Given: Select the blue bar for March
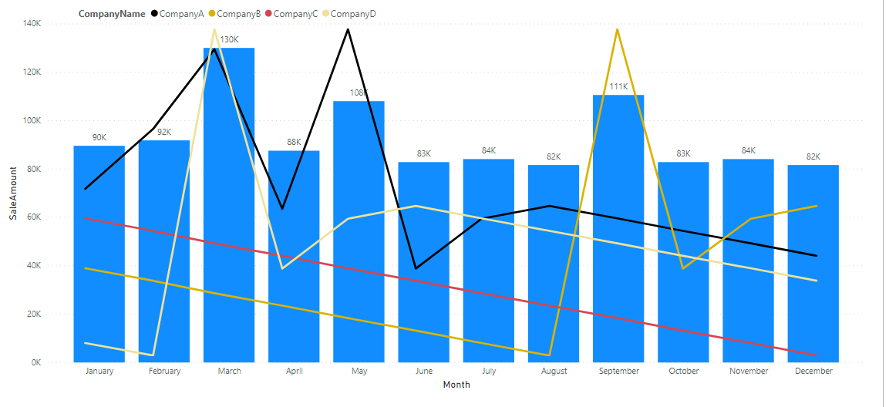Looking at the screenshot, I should [229, 231].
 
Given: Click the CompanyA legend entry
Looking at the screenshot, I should [182, 14].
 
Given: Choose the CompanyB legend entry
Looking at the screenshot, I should [239, 14].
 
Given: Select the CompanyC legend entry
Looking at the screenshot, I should [295, 14].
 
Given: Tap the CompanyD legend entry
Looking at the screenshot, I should [353, 14].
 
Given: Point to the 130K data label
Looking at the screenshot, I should [230, 39].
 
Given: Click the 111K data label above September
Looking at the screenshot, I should [618, 86].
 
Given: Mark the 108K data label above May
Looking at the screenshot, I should [359, 93].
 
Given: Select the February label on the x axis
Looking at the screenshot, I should [164, 371].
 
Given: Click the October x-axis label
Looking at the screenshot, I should [683, 371].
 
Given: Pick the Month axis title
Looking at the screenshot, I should [456, 385].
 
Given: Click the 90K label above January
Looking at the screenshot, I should [99, 137].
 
